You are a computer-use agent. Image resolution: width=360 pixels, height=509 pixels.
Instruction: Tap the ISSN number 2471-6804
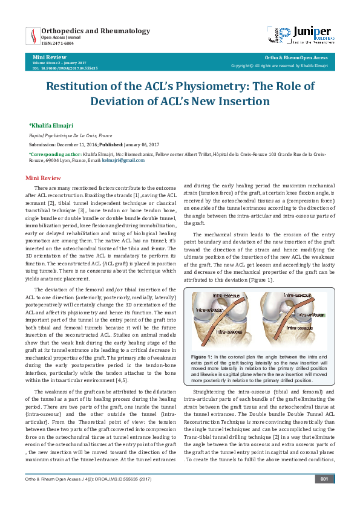pyautogui.click(x=57, y=43)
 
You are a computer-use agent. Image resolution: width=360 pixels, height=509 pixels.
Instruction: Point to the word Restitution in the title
pyautogui.click(x=78, y=86)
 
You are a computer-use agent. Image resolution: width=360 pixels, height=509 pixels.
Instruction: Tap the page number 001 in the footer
pyautogui.click(x=324, y=496)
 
